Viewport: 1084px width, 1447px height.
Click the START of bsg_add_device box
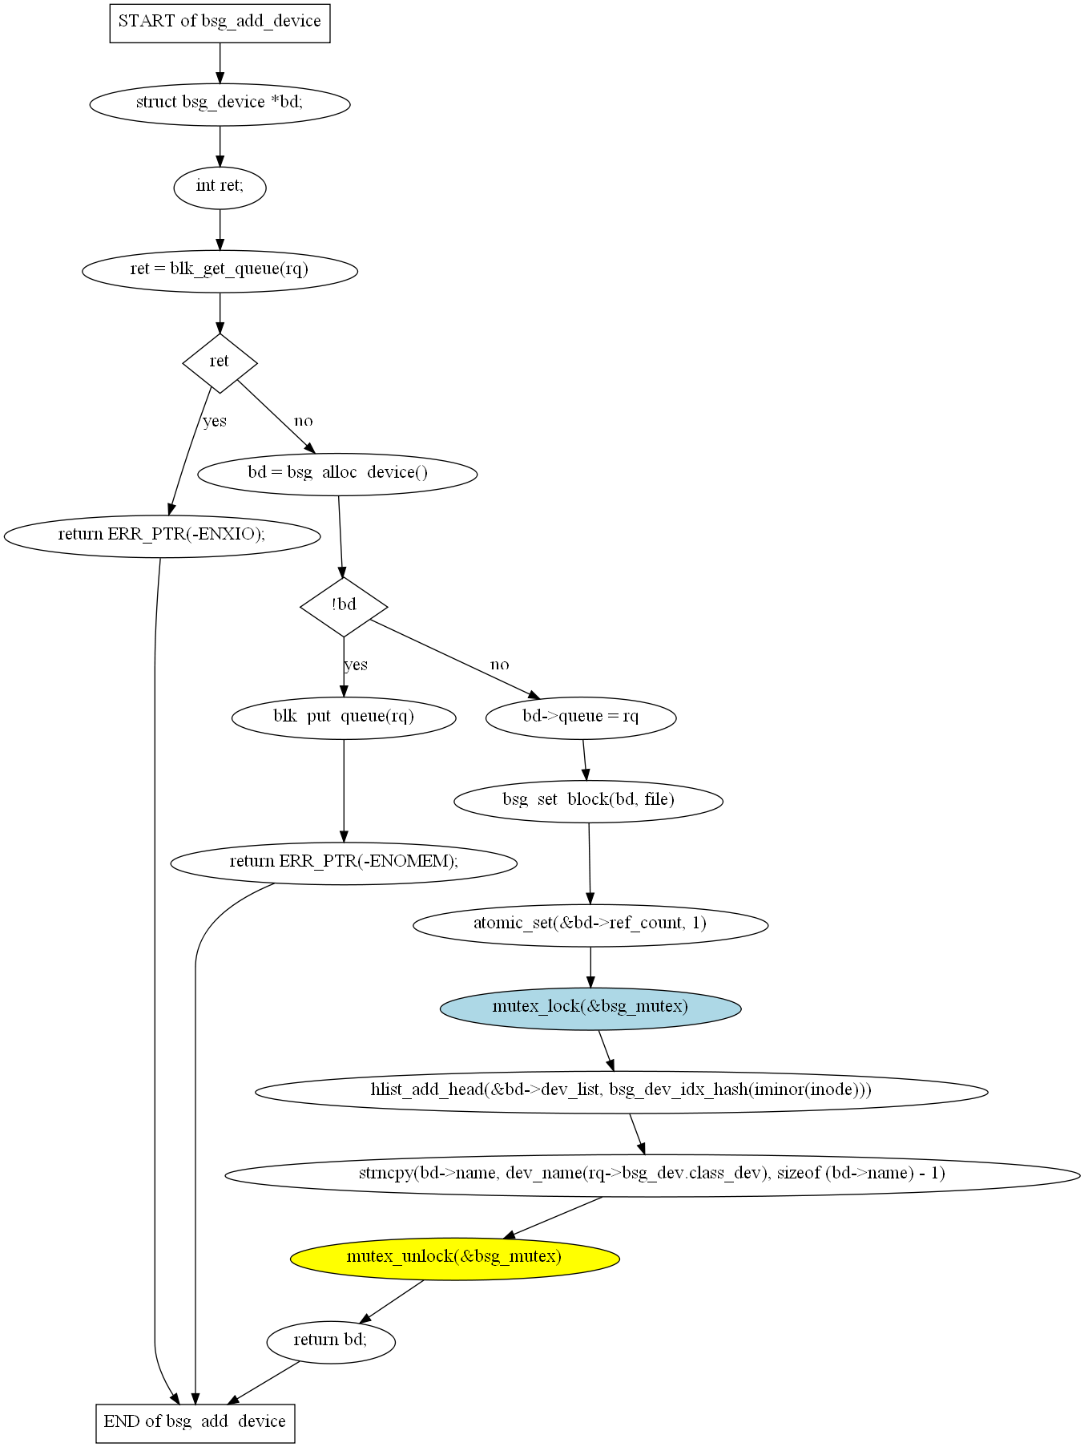220,22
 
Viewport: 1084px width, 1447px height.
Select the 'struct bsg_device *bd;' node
220,104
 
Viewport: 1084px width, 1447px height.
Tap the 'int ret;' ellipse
220,188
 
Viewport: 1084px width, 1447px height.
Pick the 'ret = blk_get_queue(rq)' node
220,271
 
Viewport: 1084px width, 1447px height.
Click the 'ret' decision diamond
220,363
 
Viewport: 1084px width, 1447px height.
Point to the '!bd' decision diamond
344,607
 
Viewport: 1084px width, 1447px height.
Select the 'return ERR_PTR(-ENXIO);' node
162,536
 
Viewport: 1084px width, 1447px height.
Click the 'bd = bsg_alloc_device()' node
337,475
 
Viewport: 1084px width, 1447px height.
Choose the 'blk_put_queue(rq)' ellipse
344,718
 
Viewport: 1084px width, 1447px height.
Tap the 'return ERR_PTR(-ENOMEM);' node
344,863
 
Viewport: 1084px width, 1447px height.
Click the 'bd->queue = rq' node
581,718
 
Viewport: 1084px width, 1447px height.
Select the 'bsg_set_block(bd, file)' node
589,802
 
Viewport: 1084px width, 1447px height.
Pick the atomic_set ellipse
590,925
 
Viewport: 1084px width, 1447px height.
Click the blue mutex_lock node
590,1008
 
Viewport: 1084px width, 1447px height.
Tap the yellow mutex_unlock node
455,1259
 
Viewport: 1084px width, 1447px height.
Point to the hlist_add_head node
622,1092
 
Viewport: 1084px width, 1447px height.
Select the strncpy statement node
652,1175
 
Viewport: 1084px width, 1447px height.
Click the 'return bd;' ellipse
331,1342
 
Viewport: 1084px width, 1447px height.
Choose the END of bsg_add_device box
195,1424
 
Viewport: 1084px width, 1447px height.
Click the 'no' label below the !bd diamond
500,665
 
